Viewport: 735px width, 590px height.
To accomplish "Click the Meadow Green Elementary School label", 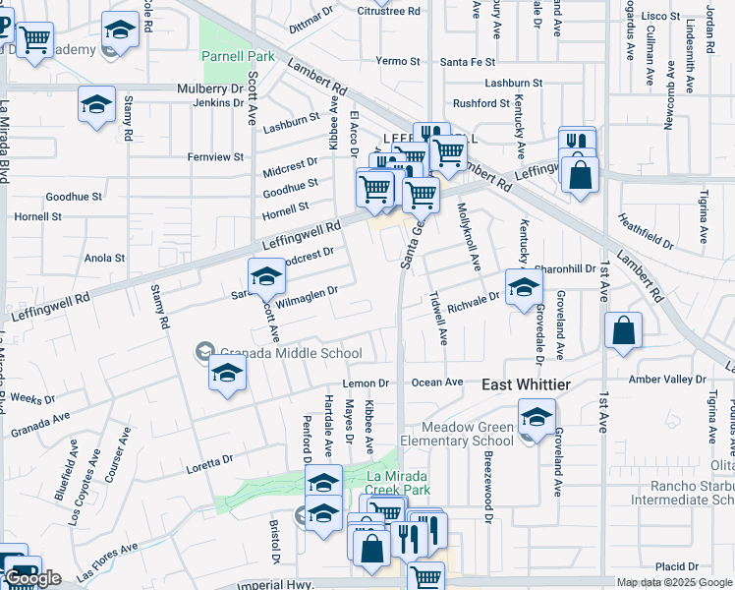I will [x=468, y=434].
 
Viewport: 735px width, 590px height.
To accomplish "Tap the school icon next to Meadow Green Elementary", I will [x=537, y=418].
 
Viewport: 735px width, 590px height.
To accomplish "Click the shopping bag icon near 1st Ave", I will [x=623, y=331].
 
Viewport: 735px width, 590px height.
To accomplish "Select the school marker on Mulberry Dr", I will [x=96, y=104].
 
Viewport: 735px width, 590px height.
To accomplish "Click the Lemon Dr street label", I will [x=367, y=383].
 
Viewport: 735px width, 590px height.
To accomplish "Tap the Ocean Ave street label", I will [x=437, y=382].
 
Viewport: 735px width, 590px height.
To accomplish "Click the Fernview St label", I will [x=216, y=156].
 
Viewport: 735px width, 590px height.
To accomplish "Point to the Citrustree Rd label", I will [x=389, y=11].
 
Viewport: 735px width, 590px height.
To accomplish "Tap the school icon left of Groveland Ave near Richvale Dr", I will [x=524, y=287].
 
